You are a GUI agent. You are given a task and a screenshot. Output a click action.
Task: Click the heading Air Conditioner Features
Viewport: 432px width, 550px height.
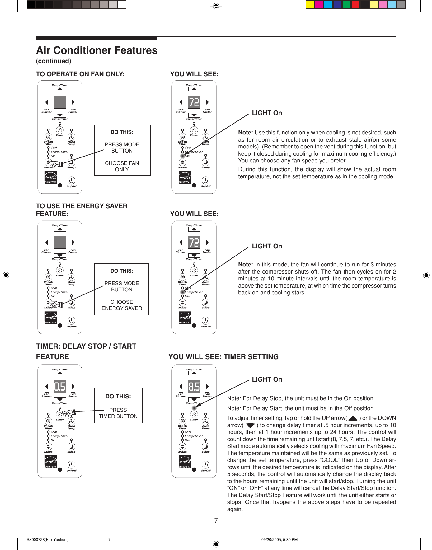click(97, 50)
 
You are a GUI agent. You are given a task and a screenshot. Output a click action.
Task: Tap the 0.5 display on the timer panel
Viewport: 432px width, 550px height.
click(60, 386)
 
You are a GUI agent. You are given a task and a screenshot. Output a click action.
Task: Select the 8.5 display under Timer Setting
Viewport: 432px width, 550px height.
click(194, 386)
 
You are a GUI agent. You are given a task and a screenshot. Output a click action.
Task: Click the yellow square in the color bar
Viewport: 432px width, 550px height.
click(310, 4)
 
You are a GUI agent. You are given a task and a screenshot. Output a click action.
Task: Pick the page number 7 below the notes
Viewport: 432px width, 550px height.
click(216, 520)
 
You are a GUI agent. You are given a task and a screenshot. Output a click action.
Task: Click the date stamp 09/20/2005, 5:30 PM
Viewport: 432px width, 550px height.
click(279, 540)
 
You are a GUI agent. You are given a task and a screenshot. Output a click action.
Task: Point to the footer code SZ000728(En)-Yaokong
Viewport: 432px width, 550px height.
click(48, 540)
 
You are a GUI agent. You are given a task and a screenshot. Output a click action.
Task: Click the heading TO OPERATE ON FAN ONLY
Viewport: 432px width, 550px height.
click(80, 74)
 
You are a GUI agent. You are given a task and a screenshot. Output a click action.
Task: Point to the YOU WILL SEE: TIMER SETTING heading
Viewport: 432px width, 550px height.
click(223, 357)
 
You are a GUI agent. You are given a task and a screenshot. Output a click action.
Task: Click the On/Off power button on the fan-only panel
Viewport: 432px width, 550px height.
click(71, 181)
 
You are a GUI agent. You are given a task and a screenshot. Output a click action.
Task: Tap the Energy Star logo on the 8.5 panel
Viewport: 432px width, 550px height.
click(185, 462)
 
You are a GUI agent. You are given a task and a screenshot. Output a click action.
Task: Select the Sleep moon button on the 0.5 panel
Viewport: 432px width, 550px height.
click(71, 447)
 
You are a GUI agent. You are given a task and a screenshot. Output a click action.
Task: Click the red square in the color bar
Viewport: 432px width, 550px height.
click(355, 4)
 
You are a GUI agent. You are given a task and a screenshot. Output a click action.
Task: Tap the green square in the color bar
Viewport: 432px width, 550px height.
click(346, 4)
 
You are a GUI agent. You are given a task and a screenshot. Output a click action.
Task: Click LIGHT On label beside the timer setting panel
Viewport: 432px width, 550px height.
click(267, 379)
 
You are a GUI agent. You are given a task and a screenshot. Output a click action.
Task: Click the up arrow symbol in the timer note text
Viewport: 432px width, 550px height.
click(353, 419)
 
